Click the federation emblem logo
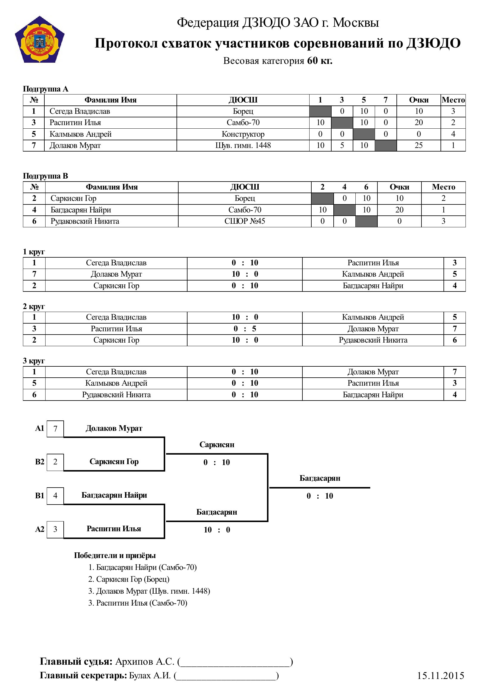click(39, 40)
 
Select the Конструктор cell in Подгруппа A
click(243, 134)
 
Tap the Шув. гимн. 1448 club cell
click(243, 146)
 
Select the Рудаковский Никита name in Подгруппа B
click(85, 221)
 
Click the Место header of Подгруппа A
click(453, 100)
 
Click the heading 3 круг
click(34, 361)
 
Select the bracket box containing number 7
click(55, 429)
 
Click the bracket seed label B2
click(39, 462)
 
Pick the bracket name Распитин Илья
click(114, 529)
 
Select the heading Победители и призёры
click(115, 555)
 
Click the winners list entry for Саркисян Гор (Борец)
click(129, 579)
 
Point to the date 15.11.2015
click(440, 676)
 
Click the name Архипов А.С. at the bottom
click(145, 662)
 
